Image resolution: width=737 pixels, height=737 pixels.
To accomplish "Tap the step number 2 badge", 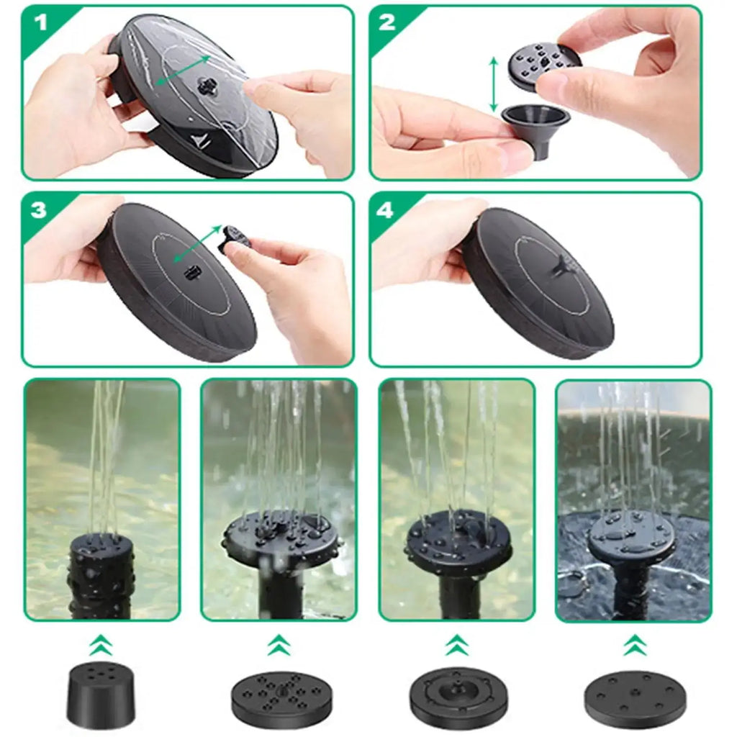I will (x=387, y=22).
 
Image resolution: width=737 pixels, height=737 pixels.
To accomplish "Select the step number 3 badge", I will (x=39, y=209).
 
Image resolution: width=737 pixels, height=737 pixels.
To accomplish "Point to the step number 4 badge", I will (x=386, y=209).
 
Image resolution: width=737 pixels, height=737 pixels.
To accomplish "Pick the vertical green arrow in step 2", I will (x=494, y=85).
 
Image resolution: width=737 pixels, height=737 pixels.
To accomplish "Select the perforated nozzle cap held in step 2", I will (x=545, y=65).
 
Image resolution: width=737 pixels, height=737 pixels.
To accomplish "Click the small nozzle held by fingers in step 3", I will (x=235, y=237).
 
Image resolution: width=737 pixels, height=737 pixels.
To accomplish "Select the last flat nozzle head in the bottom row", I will (x=634, y=697).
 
